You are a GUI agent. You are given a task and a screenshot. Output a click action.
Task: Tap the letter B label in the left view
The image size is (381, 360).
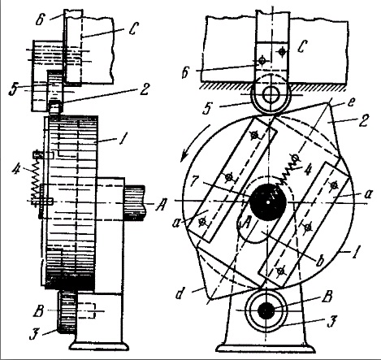(38, 310)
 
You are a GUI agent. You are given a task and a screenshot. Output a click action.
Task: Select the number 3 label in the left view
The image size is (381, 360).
(33, 334)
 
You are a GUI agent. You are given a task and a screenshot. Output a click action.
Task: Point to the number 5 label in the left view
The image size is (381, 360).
(13, 89)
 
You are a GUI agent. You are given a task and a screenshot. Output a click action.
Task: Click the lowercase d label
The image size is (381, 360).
(179, 293)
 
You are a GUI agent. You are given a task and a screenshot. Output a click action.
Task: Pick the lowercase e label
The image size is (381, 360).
(350, 102)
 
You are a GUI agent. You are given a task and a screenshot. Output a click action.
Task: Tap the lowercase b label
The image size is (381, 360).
(320, 262)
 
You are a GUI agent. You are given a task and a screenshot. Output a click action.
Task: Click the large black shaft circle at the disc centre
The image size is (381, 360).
(268, 202)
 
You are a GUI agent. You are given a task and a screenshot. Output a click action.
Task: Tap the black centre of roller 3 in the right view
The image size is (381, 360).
(266, 310)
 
